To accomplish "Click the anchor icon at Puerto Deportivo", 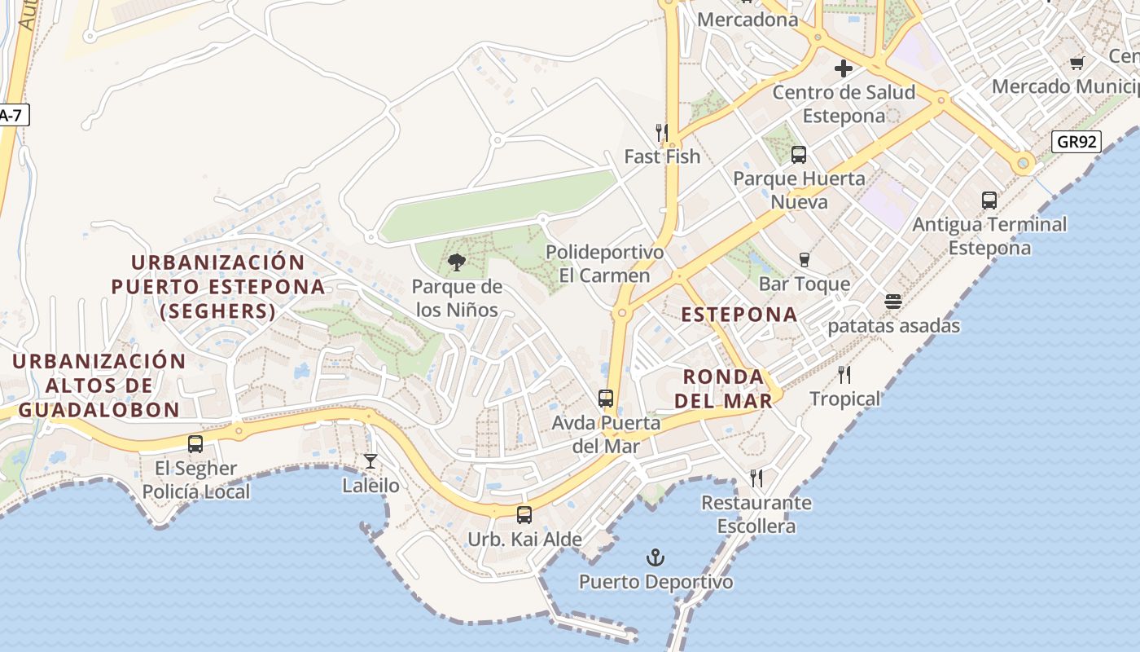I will coord(655,558).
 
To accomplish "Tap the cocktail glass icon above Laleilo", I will coord(370,461).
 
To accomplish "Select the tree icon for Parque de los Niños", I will coord(457,262).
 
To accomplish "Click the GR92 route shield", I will coord(1076,142).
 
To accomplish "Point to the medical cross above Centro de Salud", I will coord(844,68).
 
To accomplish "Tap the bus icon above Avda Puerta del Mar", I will coord(606,399).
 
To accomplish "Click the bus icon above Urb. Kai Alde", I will coord(524,515).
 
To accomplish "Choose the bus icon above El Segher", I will coord(195,444).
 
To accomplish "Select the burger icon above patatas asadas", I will coord(893,302).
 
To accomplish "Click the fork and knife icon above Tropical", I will coord(844,375).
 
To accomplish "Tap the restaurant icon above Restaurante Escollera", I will coord(756,478).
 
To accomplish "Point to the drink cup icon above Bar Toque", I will coord(805,260).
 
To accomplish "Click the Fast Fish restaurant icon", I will coord(662,132).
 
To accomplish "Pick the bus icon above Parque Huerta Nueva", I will coord(799,154).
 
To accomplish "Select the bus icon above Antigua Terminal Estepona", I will coord(989,200).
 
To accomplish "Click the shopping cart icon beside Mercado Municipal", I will coord(1076,63).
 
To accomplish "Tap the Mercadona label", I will coord(748,20).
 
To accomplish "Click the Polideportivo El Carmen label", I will coord(605,264).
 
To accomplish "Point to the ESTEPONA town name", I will coord(739,315).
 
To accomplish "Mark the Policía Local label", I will coord(196,492).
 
